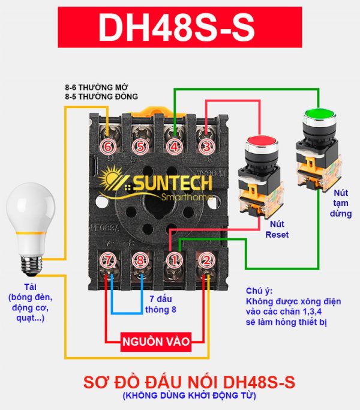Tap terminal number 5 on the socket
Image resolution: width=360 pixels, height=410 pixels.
(140, 146)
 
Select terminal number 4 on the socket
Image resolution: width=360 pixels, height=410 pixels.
(174, 146)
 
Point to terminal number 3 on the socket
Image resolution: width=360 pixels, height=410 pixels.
(206, 146)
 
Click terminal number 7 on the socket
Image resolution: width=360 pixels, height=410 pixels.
(108, 261)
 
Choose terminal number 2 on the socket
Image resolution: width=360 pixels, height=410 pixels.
(206, 261)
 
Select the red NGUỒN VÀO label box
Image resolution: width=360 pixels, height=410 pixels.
(156, 342)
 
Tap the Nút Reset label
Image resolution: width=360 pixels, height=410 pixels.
(277, 229)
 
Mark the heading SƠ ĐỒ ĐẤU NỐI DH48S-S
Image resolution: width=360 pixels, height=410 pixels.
(179, 382)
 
